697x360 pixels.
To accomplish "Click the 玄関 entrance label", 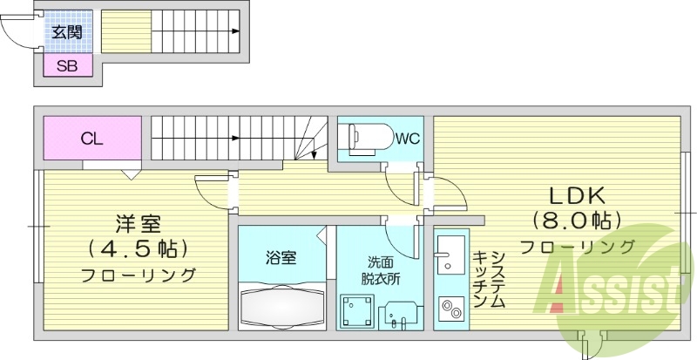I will (66, 33).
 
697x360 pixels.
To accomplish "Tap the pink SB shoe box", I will (66, 65).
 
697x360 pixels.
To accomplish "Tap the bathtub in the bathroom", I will (282, 305).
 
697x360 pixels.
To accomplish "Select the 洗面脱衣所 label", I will (381, 270).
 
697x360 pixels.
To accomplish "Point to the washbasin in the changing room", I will (401, 313).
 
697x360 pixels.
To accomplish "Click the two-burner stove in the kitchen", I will (452, 308).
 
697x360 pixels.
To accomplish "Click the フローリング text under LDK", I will (577, 247).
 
